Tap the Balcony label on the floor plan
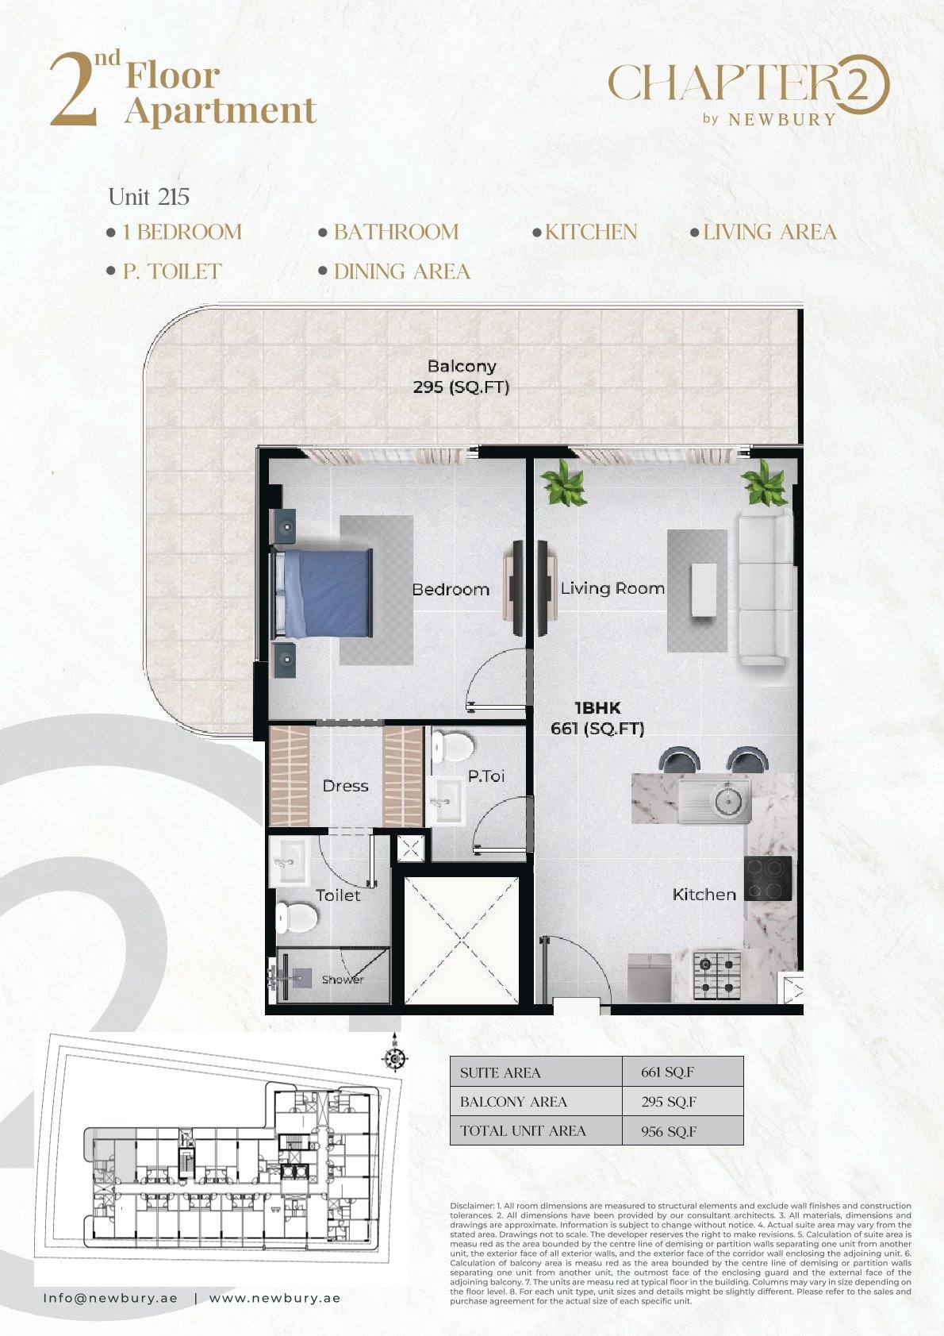click(x=462, y=366)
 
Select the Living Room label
click(x=612, y=589)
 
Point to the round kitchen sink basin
click(x=728, y=801)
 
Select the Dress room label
click(x=346, y=786)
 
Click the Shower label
click(x=343, y=980)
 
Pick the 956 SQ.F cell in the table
click(x=669, y=1131)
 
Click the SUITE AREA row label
click(x=500, y=1073)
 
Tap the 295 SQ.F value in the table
click(x=669, y=1102)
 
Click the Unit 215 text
click(x=149, y=197)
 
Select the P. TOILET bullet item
click(x=164, y=271)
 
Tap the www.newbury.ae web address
click(x=275, y=1298)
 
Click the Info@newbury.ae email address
click(x=110, y=1298)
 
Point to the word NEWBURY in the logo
click(x=782, y=119)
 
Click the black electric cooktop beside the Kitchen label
click(x=768, y=879)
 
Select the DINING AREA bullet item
click(x=394, y=271)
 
